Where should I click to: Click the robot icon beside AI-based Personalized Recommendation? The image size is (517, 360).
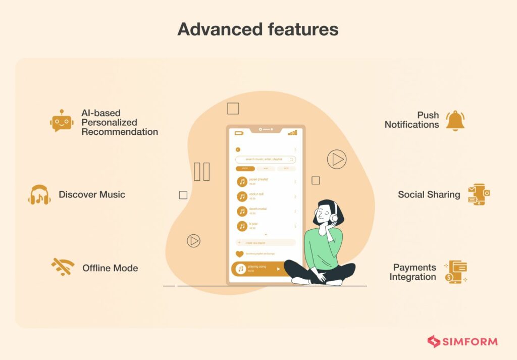(62, 121)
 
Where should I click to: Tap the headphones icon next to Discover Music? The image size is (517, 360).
(39, 195)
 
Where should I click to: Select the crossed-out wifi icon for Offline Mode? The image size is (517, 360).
(63, 267)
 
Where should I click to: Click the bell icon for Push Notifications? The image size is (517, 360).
(455, 121)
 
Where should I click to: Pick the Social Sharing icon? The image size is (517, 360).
(479, 194)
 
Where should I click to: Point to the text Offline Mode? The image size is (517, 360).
(110, 268)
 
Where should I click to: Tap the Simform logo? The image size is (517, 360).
(462, 341)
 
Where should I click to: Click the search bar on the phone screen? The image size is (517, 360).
(265, 159)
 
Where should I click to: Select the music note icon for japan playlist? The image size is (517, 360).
(242, 182)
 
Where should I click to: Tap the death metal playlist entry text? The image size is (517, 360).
(258, 209)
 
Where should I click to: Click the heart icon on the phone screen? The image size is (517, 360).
(239, 254)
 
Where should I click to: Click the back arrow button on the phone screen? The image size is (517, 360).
(238, 149)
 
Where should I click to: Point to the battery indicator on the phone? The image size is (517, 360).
(239, 133)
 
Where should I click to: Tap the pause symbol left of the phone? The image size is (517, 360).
(201, 172)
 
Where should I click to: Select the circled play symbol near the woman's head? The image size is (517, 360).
(336, 160)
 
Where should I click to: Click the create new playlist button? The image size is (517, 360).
(266, 243)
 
